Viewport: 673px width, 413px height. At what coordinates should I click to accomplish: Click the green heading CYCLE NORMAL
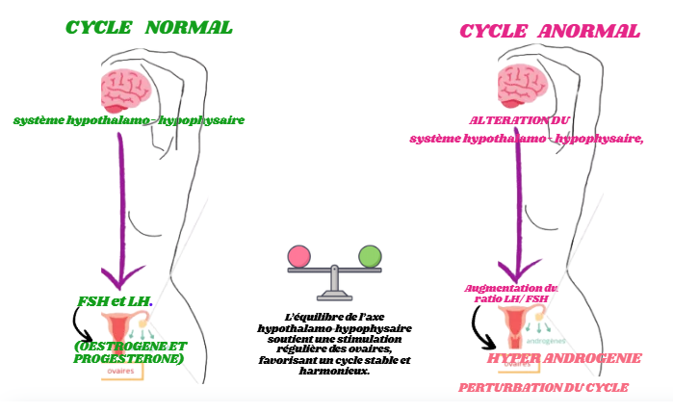point(148,27)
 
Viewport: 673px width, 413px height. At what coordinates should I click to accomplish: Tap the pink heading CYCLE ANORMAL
point(550,31)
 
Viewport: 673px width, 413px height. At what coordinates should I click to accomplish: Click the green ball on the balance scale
point(370,257)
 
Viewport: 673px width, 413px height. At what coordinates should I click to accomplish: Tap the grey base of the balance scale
point(334,294)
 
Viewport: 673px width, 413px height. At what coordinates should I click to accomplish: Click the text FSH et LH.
point(115,301)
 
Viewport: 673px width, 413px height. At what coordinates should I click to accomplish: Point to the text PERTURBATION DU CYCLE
point(543,387)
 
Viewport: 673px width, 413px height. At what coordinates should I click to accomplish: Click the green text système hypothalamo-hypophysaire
point(129,120)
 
